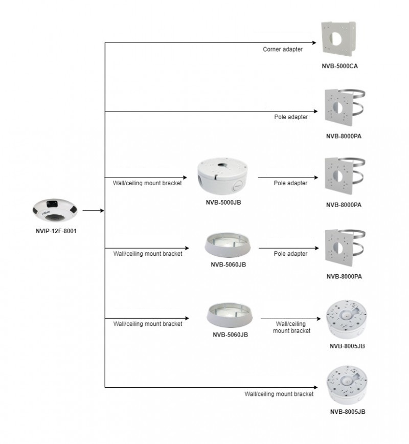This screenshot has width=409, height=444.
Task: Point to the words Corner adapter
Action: (283, 50)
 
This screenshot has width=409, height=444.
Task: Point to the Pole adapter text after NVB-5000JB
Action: (290, 183)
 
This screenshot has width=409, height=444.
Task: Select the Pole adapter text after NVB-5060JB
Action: (290, 254)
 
